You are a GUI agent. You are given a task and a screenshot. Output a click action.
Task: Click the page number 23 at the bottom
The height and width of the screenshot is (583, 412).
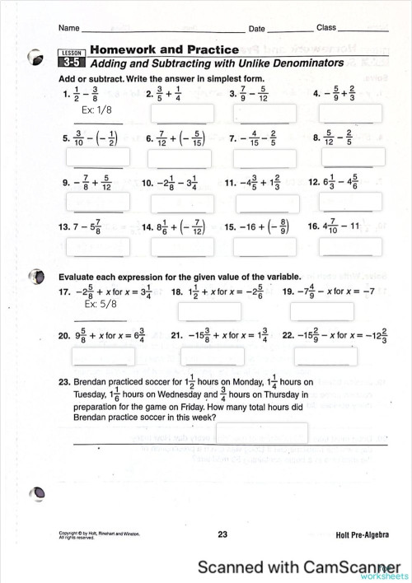pos(222,534)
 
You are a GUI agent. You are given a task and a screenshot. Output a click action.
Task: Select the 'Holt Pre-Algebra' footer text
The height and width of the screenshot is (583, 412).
pos(363,535)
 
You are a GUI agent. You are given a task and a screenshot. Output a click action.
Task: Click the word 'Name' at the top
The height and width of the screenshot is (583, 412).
pos(68,28)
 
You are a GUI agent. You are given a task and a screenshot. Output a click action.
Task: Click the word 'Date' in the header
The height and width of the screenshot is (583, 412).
pos(257,28)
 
